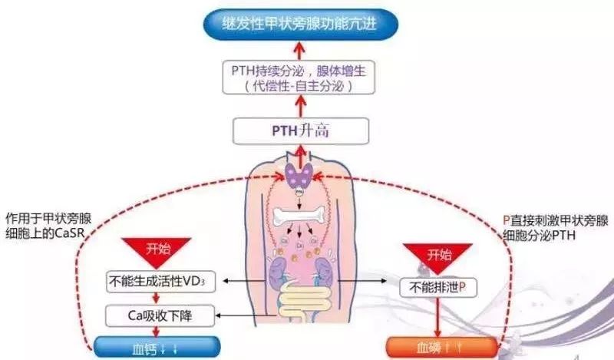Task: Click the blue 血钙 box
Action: [x=157, y=346]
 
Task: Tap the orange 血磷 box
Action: [x=437, y=346]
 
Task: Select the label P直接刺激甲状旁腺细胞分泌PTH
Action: [x=544, y=226]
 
